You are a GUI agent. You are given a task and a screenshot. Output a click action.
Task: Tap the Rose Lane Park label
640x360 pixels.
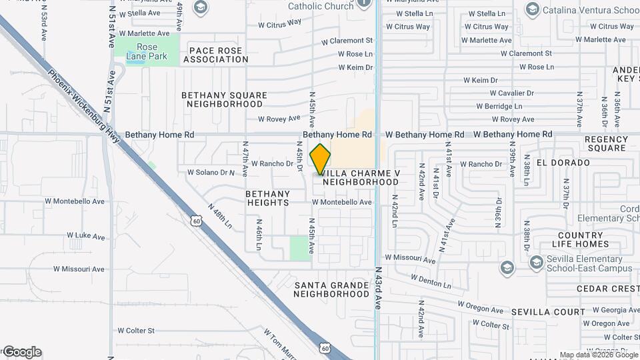[x=147, y=51]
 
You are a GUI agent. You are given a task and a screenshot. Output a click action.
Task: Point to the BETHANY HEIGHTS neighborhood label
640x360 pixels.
[x=267, y=198]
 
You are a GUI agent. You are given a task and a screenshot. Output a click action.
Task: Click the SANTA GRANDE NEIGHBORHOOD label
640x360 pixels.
[x=331, y=289]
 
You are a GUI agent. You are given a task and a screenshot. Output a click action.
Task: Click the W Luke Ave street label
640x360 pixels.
[x=85, y=236]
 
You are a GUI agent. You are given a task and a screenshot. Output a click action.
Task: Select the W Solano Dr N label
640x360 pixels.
[x=211, y=172]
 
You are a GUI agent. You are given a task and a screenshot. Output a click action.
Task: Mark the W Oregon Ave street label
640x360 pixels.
[x=481, y=305]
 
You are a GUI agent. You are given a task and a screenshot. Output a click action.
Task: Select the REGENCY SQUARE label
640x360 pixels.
[x=605, y=143]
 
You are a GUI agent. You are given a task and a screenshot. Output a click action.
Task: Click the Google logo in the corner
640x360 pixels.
[x=22, y=352]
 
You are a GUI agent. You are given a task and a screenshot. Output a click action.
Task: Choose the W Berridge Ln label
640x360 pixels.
[x=499, y=107]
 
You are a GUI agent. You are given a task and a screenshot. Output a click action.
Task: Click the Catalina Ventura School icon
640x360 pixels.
[x=532, y=9]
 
